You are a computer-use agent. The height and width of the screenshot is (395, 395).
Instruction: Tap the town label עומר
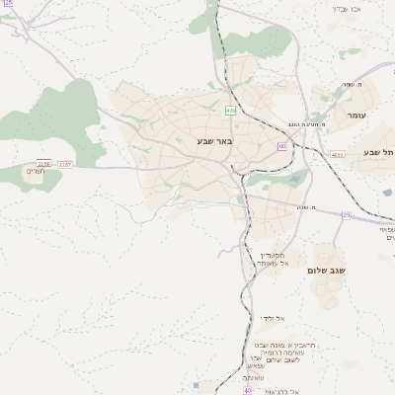click(x=356, y=116)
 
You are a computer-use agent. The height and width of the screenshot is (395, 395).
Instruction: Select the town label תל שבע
click(x=378, y=152)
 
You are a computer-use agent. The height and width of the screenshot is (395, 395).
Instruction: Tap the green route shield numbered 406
click(x=229, y=111)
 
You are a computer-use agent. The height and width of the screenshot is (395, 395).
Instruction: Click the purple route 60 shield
click(x=282, y=146)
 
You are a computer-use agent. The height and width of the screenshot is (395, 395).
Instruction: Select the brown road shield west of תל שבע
click(x=339, y=154)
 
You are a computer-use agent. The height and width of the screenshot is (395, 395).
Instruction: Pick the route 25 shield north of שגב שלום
click(x=346, y=214)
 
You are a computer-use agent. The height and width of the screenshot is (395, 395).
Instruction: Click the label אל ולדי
click(x=272, y=318)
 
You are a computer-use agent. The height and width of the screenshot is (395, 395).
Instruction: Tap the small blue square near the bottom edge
click(x=197, y=385)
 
